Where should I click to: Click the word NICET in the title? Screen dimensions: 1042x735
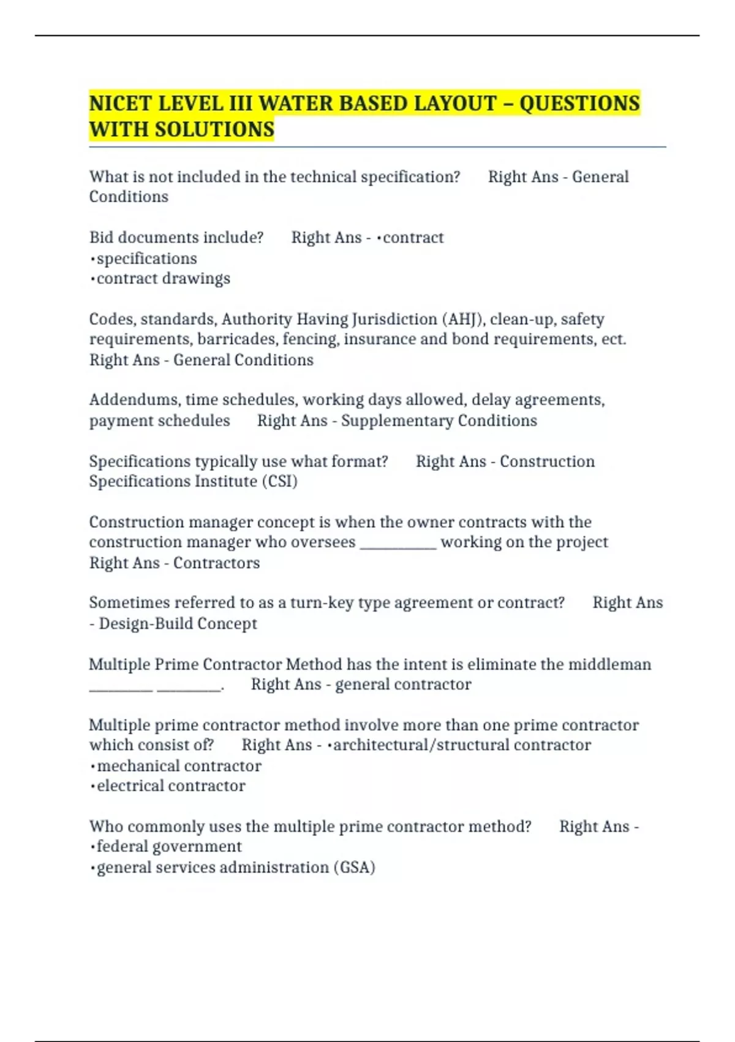(120, 103)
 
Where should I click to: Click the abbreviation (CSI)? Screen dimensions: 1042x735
(280, 481)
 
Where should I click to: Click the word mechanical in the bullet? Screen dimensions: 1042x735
(137, 766)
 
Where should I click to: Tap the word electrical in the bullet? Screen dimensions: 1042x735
(130, 786)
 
